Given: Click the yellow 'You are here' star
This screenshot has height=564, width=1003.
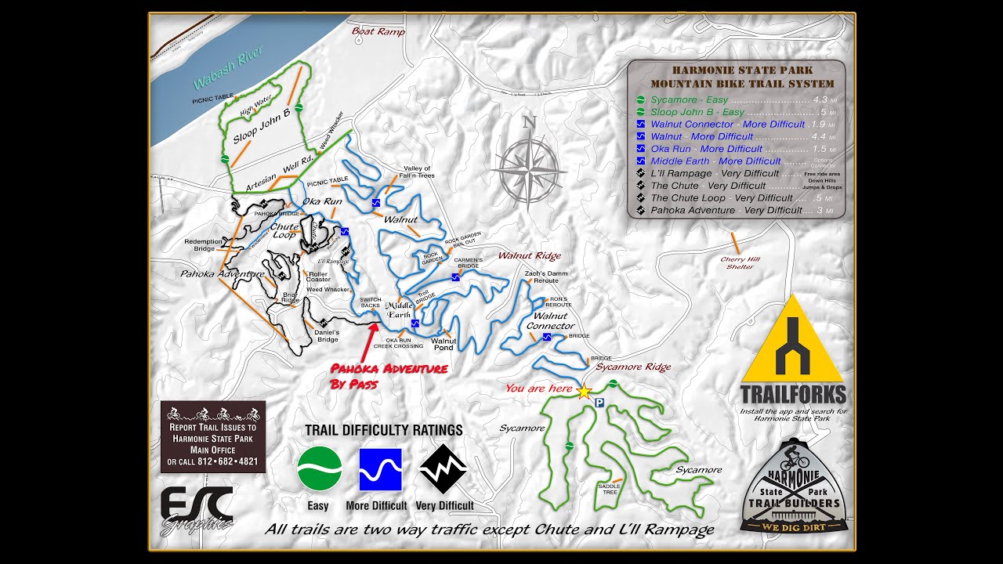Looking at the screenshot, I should pos(584,391).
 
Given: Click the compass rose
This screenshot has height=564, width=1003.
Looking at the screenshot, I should pos(530,167).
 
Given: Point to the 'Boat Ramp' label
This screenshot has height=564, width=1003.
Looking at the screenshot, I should pos(378,32).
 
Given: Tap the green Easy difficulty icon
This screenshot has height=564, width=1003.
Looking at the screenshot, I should pos(319,468).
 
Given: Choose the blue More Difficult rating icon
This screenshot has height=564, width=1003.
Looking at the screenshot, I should pos(380,469).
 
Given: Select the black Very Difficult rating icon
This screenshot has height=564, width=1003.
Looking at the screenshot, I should pos(444,469).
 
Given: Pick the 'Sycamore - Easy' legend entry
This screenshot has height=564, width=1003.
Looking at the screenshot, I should pos(689,99).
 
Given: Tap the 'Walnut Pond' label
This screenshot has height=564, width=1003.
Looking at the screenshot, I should pos(444,344).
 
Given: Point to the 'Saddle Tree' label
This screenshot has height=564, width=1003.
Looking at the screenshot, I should pos(610,488).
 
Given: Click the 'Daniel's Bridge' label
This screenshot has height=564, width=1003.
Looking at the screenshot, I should pos(326,335).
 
